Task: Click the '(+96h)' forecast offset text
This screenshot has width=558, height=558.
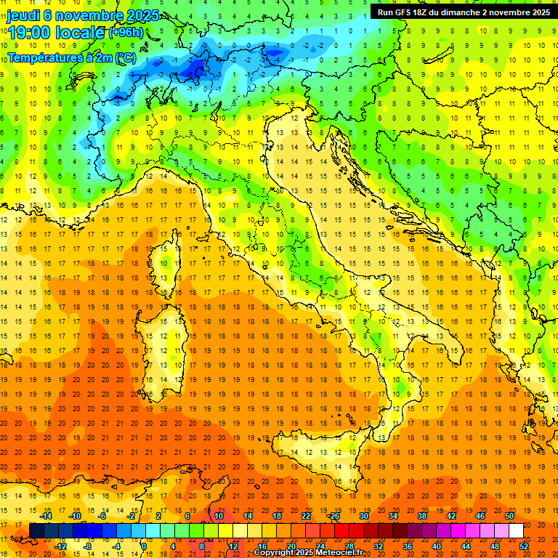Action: pyautogui.click(x=126, y=33)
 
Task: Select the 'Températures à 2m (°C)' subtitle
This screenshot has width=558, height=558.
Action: pyautogui.click(x=71, y=57)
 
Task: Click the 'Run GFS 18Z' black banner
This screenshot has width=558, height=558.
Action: pyautogui.click(x=463, y=12)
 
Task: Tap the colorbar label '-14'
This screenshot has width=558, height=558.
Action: pyautogui.click(x=48, y=516)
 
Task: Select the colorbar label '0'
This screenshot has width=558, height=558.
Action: pyautogui.click(x=144, y=546)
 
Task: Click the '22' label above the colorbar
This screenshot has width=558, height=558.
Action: pyautogui.click(x=305, y=516)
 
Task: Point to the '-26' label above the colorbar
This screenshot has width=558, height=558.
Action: pyautogui.click(x=333, y=516)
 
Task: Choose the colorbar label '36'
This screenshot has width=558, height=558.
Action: pyautogui.click(x=408, y=546)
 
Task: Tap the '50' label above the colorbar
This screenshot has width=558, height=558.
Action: pyautogui.click(x=509, y=516)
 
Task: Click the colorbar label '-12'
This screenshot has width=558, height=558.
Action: pyautogui.click(x=61, y=546)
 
